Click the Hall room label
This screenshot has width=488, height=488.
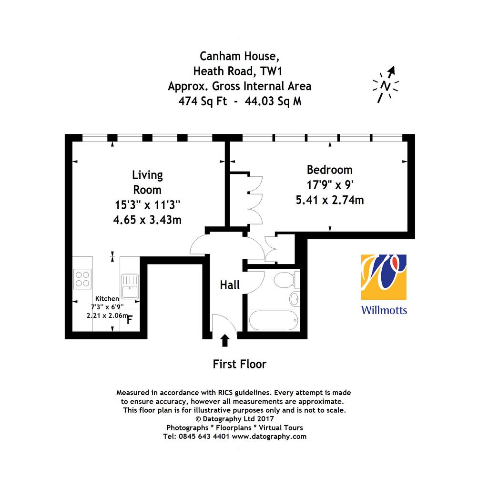[230, 285]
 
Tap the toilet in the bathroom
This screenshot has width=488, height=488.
[286, 280]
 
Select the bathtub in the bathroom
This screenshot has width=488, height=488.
[274, 320]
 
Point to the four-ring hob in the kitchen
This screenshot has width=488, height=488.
[82, 279]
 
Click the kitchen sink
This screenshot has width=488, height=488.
[130, 286]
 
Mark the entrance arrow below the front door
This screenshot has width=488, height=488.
[225, 340]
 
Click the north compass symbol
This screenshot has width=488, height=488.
[386, 84]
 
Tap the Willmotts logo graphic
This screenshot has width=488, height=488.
[384, 277]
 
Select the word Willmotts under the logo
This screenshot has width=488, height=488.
[384, 310]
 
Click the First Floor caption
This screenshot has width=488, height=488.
[239, 364]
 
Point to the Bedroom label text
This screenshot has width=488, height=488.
[330, 170]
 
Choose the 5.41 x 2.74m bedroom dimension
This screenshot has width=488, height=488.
[330, 200]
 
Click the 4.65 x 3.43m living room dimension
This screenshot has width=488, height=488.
[147, 220]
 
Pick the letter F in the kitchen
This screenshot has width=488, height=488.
[130, 320]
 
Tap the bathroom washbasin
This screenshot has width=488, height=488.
[294, 299]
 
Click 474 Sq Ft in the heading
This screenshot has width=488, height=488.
[203, 101]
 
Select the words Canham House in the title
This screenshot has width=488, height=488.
[239, 56]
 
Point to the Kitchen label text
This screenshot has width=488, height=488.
[107, 299]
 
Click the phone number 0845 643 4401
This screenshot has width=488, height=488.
[204, 437]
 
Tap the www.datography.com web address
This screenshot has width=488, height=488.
[269, 437]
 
